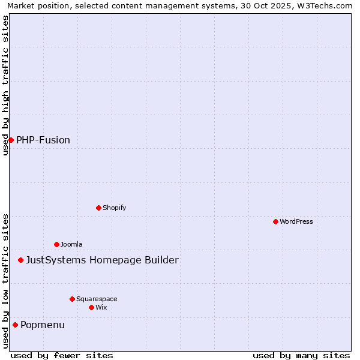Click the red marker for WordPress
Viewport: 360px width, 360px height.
275,221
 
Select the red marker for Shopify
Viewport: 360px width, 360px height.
98,208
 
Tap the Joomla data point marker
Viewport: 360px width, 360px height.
56,244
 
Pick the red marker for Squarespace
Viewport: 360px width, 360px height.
72,299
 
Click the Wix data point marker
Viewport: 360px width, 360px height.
91,307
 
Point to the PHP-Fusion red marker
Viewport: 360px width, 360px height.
11,140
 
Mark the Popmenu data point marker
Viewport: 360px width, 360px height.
15,325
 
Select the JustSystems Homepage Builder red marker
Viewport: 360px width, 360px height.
20,260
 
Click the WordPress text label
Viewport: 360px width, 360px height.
296,221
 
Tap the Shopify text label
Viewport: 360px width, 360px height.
114,208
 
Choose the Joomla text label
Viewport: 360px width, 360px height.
71,244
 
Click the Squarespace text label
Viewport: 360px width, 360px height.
97,299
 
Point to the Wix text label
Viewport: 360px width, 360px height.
101,307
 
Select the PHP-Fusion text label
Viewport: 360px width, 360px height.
43,140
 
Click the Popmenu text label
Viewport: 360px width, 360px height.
43,325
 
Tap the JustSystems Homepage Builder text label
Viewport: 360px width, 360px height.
102,260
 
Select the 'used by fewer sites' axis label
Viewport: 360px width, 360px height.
62,355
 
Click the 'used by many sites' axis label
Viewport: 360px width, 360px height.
301,355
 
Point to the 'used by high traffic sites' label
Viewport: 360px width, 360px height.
6,85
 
